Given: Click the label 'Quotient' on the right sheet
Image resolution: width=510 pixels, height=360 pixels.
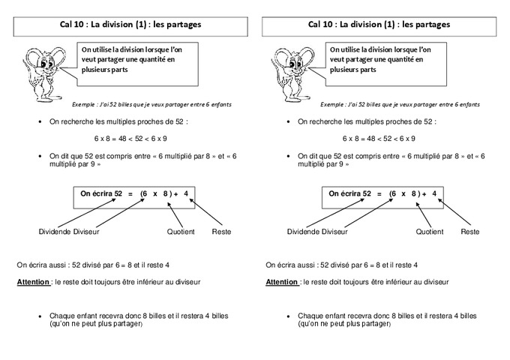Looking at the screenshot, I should click(428, 232).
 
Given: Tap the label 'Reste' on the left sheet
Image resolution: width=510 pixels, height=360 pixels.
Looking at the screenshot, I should click(222, 232).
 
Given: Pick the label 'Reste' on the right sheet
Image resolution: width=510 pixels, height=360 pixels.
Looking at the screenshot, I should click(470, 232).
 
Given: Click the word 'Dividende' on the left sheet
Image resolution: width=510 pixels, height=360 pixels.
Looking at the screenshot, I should click(56, 232).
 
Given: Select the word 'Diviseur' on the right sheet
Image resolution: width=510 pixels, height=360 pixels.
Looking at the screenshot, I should click(334, 232).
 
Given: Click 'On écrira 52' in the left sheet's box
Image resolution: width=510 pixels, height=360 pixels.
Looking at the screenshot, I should click(101, 193).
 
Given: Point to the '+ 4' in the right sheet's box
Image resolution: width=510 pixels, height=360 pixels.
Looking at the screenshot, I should click(429, 193).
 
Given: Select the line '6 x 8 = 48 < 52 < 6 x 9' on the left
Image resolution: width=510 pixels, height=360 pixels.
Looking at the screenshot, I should click(130, 139).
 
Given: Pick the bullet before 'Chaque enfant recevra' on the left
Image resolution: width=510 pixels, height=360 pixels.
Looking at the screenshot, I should click(39, 316).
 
